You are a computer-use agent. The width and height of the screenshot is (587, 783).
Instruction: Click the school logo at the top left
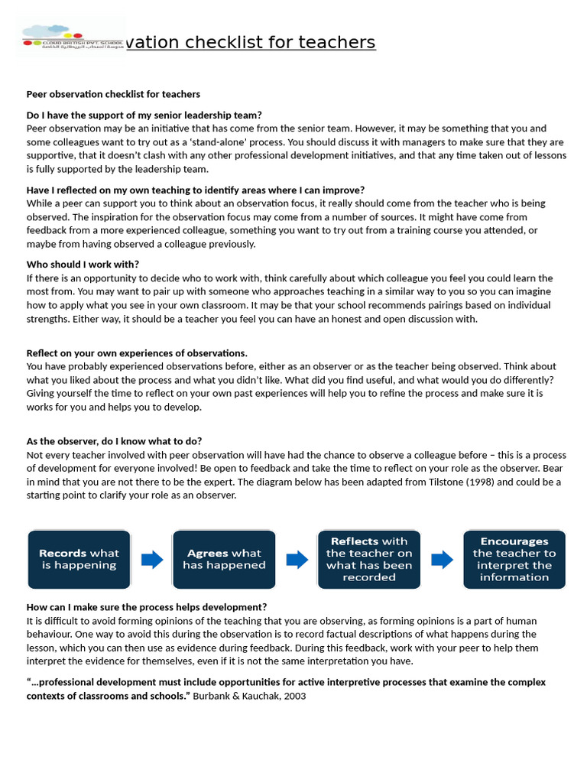pyautogui.click(x=71, y=37)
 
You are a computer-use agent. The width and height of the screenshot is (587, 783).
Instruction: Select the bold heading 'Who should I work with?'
pyautogui.click(x=83, y=265)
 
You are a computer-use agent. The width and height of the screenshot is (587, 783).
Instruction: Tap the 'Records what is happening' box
pyautogui.click(x=79, y=560)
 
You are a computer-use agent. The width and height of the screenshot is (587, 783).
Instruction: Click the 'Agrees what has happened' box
pyautogui.click(x=224, y=560)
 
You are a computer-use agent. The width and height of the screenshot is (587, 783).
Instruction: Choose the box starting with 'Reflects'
pyautogui.click(x=368, y=560)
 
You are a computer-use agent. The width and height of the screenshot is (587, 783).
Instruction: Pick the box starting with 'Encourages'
pyautogui.click(x=514, y=560)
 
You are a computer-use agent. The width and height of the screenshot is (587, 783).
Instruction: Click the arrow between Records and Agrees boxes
pyautogui.click(x=152, y=560)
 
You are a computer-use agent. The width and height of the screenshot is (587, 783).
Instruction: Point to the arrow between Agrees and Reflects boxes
pyautogui.click(x=297, y=560)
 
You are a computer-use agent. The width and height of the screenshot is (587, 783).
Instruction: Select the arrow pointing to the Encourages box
pyautogui.click(x=442, y=560)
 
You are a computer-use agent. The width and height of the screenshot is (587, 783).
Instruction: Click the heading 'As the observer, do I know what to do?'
pyautogui.click(x=114, y=441)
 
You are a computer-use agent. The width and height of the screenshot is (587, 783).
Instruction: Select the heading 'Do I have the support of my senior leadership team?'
pyautogui.click(x=144, y=115)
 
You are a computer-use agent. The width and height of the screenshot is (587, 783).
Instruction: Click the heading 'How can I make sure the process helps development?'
pyautogui.click(x=147, y=607)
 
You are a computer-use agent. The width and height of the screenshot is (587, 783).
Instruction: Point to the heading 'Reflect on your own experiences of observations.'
pyautogui.click(x=137, y=353)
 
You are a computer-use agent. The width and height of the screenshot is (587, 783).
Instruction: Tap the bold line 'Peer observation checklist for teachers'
pyautogui.click(x=113, y=94)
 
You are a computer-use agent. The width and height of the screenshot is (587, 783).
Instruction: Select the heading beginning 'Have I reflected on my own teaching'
pyautogui.click(x=195, y=190)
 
